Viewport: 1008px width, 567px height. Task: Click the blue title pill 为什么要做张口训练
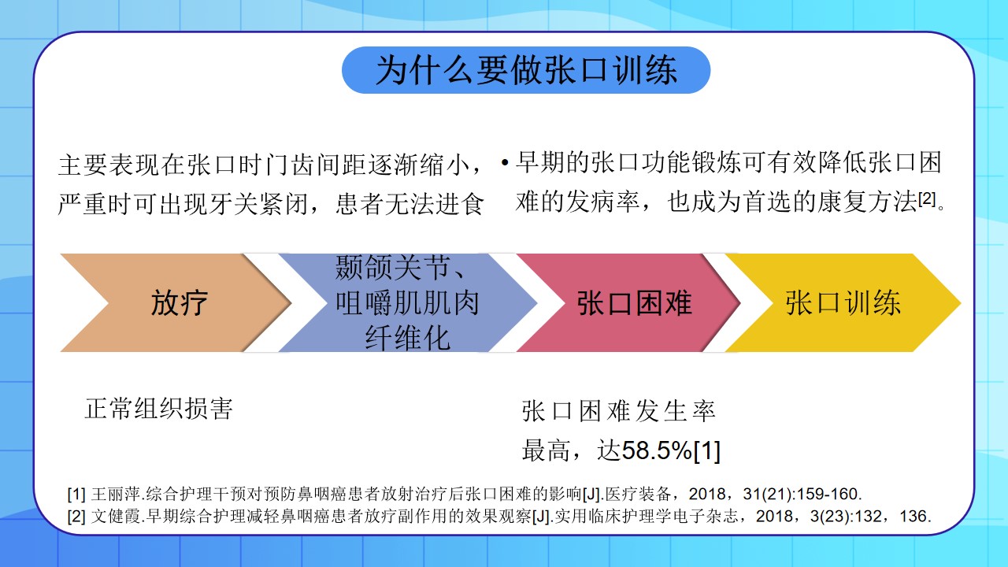[526, 70]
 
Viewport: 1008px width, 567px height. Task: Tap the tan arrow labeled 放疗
[176, 302]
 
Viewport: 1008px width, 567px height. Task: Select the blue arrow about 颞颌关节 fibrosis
[407, 302]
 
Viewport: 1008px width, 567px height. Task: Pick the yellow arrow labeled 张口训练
[843, 302]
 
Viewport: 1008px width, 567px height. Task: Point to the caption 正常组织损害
[159, 409]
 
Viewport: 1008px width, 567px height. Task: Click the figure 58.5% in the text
[657, 450]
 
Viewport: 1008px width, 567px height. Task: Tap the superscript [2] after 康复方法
[927, 198]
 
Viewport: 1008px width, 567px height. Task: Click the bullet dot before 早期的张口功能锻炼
[505, 163]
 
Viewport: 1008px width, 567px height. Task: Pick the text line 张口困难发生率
[619, 411]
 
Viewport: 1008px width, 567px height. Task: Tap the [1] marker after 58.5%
[707, 450]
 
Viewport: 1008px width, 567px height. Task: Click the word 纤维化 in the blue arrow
[408, 339]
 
